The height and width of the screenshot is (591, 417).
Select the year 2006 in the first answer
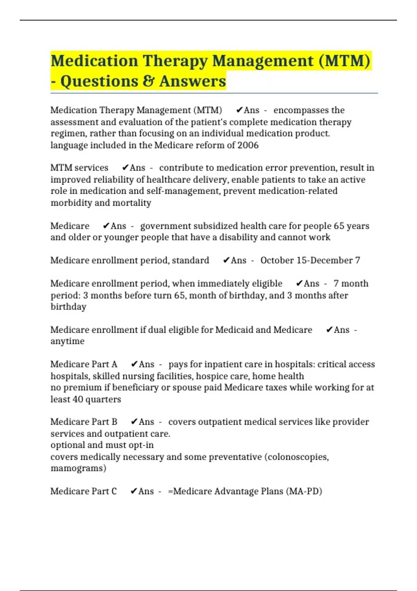(248, 145)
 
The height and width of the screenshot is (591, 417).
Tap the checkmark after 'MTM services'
(125, 168)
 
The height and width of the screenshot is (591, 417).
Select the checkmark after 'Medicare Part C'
(134, 491)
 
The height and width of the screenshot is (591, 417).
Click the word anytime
(67, 341)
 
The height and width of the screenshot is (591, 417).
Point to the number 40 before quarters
(77, 399)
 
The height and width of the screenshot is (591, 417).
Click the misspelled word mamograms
(78, 468)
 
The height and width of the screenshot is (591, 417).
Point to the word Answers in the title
(193, 81)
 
